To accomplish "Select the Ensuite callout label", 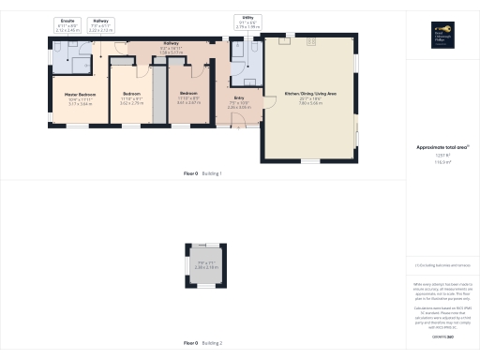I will tap(68, 18).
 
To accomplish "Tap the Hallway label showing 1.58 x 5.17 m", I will tap(171, 52).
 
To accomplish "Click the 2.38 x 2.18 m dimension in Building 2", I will tap(205, 267).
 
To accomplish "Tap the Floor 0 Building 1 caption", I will tap(202, 174).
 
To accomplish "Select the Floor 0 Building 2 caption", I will tap(202, 343).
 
